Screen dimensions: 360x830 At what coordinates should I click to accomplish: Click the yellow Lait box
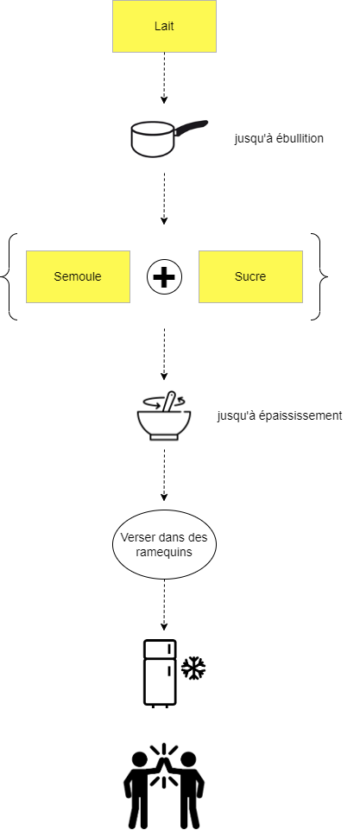(164, 26)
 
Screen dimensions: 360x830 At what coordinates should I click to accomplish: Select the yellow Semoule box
(78, 276)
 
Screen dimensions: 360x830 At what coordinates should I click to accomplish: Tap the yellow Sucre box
(250, 276)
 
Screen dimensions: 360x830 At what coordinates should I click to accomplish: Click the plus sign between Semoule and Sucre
(164, 277)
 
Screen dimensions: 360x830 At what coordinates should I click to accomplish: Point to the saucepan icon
(168, 139)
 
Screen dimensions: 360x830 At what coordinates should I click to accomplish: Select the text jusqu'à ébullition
(279, 139)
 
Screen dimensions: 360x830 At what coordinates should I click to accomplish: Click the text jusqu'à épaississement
(280, 415)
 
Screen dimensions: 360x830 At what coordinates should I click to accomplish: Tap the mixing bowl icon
(164, 416)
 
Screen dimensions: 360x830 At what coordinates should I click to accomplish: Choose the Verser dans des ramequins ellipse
(164, 544)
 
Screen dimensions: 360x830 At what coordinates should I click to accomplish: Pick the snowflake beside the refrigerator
(193, 668)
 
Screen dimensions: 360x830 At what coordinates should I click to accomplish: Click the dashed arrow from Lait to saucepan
(164, 78)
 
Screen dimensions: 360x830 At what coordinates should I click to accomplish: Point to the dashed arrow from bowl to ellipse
(164, 475)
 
